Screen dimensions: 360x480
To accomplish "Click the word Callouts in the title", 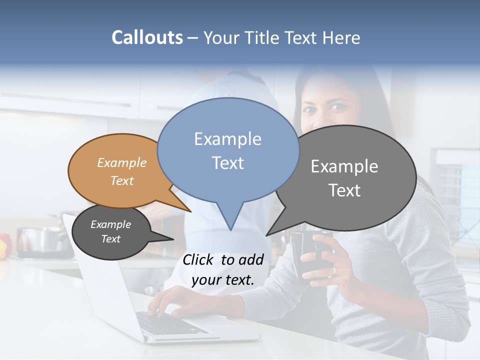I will pyautogui.click(x=147, y=37).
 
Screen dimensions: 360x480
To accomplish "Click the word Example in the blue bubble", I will pyautogui.click(x=227, y=139).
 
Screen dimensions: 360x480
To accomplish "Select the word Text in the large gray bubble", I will pyautogui.click(x=344, y=190).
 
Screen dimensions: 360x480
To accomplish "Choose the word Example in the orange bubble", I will pyautogui.click(x=122, y=163).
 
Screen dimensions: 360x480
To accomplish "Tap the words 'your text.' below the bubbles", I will pyautogui.click(x=223, y=280).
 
